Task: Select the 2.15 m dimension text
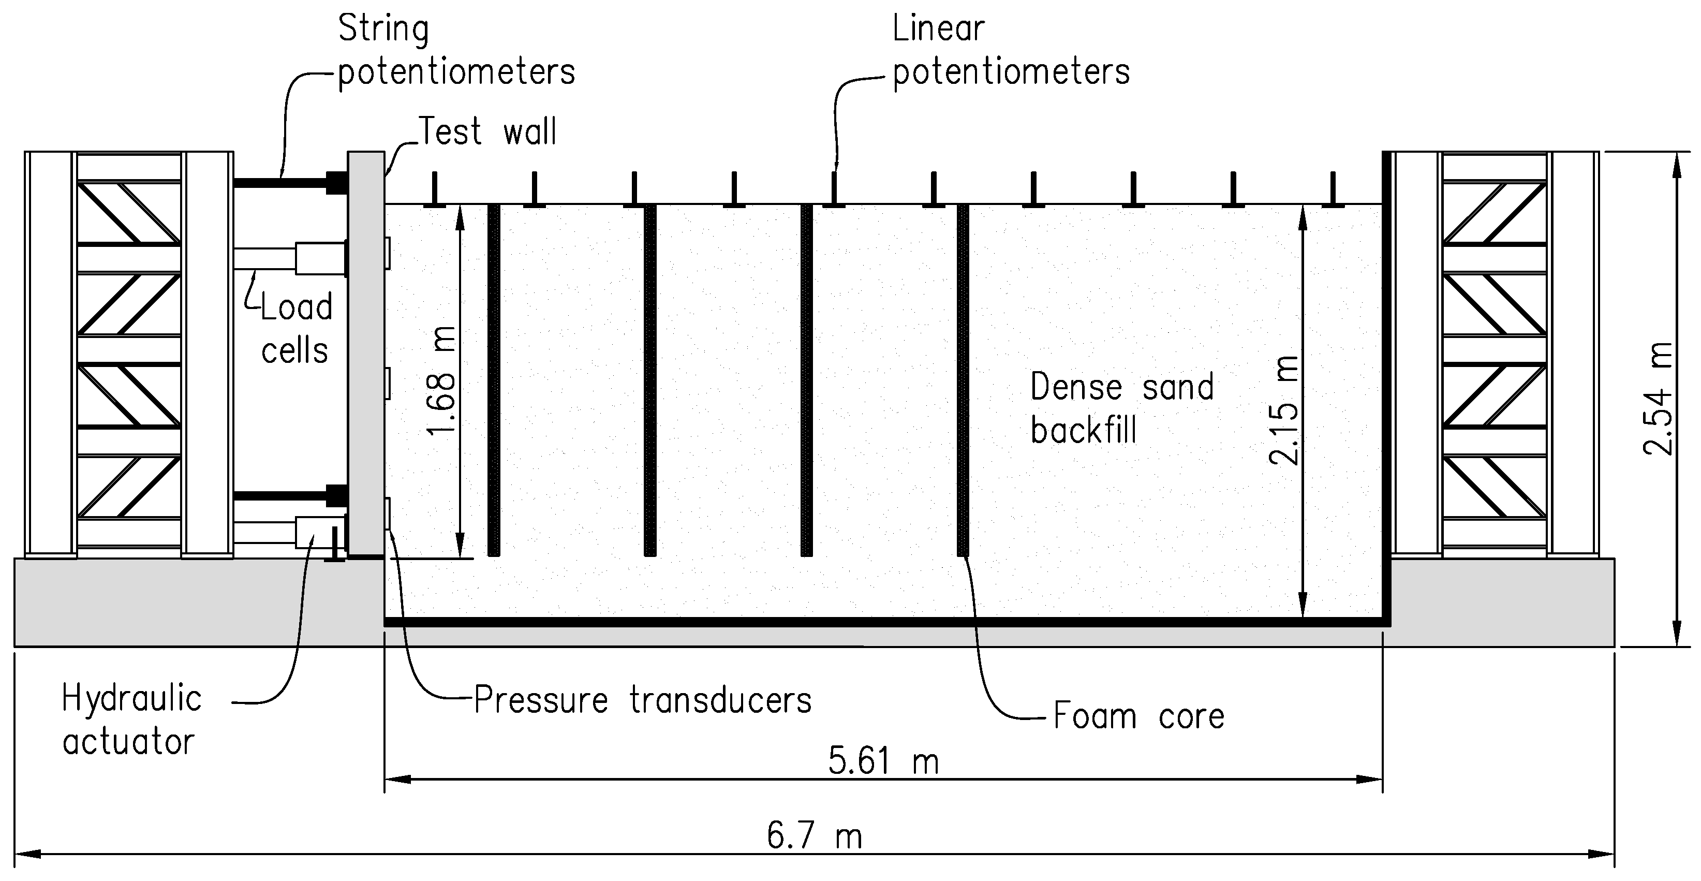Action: [1284, 409]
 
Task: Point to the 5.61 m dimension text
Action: [883, 761]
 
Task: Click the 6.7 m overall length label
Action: [814, 836]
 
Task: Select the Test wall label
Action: [488, 131]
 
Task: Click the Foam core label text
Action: [1138, 716]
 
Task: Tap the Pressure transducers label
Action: [643, 700]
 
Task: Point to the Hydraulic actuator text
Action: [131, 720]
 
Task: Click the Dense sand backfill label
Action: [1121, 408]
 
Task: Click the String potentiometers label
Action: [455, 50]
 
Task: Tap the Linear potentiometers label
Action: [1010, 50]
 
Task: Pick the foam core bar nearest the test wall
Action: [493, 380]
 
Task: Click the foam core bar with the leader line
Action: [963, 380]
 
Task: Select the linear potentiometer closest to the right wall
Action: [1333, 190]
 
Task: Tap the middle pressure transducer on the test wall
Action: [388, 383]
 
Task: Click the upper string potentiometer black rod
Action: [280, 182]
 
